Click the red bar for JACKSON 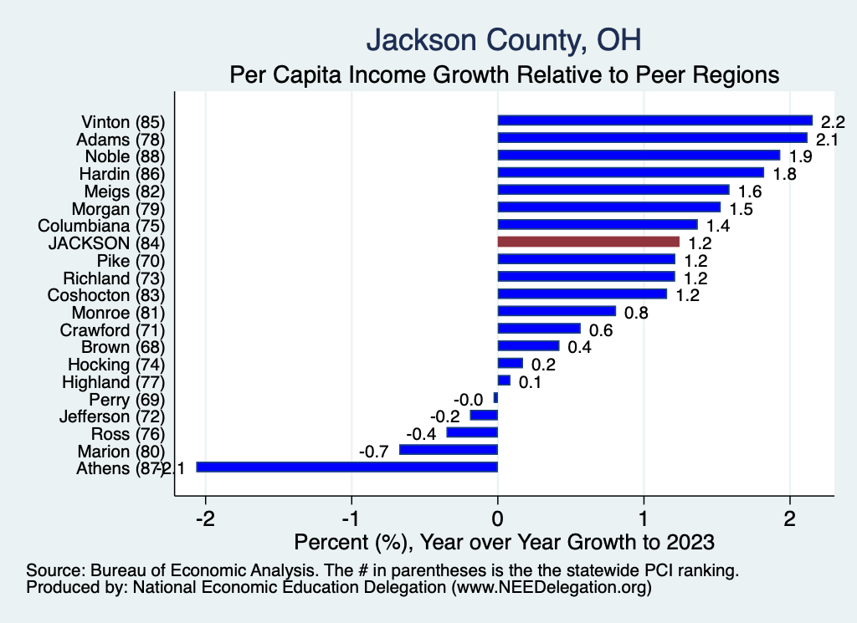(x=588, y=242)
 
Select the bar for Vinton (x=654, y=120)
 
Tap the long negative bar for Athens (x=346, y=467)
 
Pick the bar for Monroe (x=557, y=311)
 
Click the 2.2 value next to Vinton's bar (x=833, y=122)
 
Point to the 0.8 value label (x=636, y=313)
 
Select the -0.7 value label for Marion (x=373, y=452)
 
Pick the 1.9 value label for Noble (x=801, y=157)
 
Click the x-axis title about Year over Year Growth (x=505, y=542)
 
